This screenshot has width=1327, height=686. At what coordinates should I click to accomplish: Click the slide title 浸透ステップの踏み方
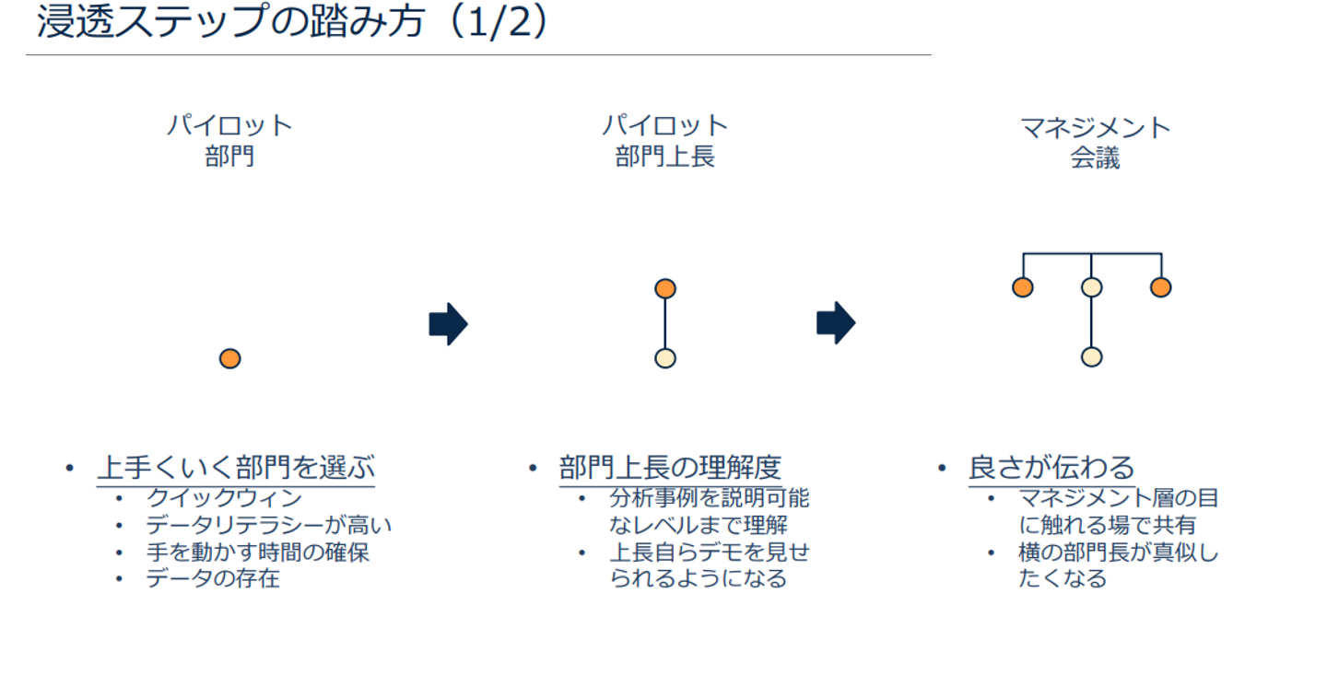(230, 22)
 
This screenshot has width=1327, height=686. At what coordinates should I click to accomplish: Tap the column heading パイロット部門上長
(664, 141)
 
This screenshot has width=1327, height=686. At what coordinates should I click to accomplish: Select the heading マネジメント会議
(1095, 141)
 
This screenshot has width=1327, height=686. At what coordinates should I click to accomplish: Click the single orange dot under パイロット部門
(230, 358)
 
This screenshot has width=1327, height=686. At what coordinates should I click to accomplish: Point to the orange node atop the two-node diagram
(665, 288)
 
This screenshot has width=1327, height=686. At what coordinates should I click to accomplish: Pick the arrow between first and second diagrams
(448, 323)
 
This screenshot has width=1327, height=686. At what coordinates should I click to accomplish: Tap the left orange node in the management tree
(1022, 287)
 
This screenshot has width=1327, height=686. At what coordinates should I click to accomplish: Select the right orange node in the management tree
(1160, 287)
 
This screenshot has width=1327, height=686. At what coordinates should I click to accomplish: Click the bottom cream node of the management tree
(1091, 357)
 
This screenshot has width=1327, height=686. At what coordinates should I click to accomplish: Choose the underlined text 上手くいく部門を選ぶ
(236, 468)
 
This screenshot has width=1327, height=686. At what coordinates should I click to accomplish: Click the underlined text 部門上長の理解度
(670, 468)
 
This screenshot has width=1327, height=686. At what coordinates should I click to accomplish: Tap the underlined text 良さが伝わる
(1051, 468)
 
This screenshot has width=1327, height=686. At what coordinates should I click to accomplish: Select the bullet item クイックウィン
(224, 499)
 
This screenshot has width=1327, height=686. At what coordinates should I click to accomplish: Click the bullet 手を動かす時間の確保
(258, 552)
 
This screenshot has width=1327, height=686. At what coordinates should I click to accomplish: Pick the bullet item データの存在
(212, 579)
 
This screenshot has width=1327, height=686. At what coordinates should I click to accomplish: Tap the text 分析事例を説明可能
(709, 499)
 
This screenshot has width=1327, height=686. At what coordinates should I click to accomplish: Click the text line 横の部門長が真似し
(1118, 553)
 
